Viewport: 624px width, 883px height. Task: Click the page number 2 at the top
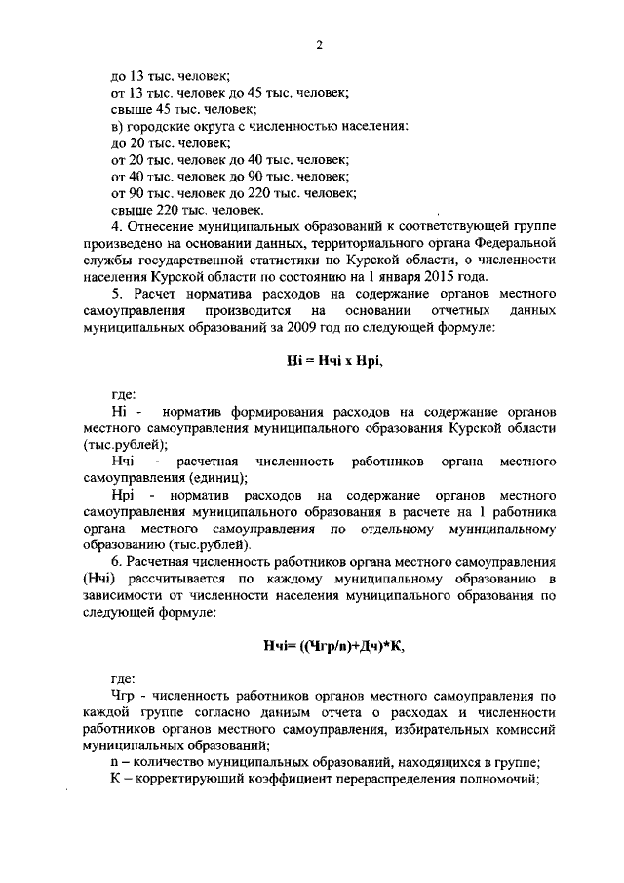(x=319, y=44)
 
